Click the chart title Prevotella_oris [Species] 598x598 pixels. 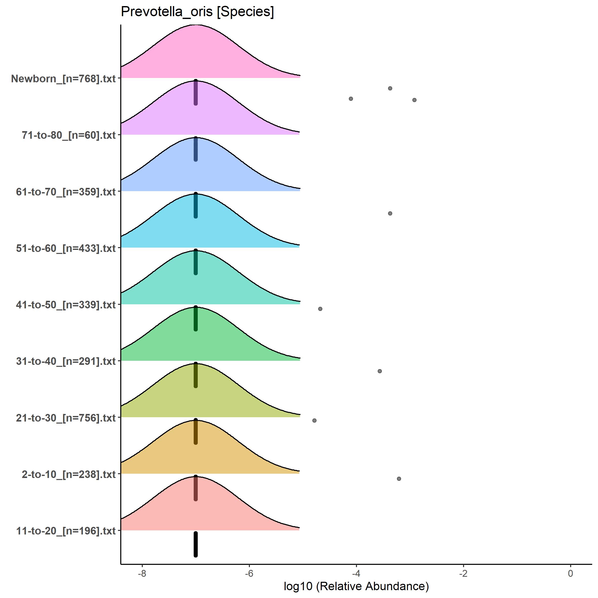pyautogui.click(x=197, y=12)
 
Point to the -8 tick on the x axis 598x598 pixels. pyautogui.click(x=142, y=573)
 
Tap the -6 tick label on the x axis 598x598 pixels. pyautogui.click(x=249, y=573)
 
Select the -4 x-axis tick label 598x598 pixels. pyautogui.click(x=356, y=573)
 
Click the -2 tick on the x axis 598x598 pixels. pyautogui.click(x=463, y=573)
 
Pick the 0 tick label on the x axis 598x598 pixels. pyautogui.click(x=570, y=573)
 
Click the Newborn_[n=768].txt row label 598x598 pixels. pyautogui.click(x=63, y=79)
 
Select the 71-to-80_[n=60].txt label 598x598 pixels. pyautogui.click(x=68, y=135)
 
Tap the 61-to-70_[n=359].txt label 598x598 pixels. pyautogui.click(x=66, y=192)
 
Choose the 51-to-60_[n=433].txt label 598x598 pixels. pyautogui.click(x=66, y=248)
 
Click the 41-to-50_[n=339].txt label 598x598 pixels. pyautogui.click(x=66, y=305)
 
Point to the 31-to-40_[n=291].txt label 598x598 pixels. pyautogui.click(x=66, y=361)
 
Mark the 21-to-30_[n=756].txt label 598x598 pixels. pyautogui.click(x=66, y=418)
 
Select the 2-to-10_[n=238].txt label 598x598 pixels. pyautogui.click(x=68, y=474)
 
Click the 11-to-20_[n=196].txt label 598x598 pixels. pyautogui.click(x=66, y=531)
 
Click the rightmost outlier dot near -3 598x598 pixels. pyautogui.click(x=414, y=100)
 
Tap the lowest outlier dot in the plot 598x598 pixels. pyautogui.click(x=399, y=479)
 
